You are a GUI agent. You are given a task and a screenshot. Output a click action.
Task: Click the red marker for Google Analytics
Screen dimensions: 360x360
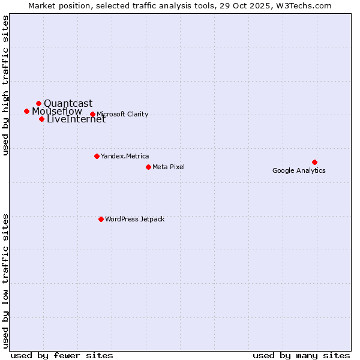(314, 162)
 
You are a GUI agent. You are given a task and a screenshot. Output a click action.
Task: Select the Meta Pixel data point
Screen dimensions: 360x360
(148, 167)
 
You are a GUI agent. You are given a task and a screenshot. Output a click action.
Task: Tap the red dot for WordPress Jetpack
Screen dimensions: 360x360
(101, 219)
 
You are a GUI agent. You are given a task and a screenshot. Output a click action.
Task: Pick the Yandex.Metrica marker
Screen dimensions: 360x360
(97, 156)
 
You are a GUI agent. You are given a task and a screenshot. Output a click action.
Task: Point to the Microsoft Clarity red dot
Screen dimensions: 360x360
(92, 114)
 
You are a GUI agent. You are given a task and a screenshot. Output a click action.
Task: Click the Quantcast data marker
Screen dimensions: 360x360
(38, 103)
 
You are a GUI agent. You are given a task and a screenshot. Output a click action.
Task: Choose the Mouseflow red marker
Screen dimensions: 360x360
(26, 111)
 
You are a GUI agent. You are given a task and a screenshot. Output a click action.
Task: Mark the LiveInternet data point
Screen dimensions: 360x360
(41, 119)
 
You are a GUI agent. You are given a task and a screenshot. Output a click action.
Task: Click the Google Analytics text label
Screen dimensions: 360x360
(299, 170)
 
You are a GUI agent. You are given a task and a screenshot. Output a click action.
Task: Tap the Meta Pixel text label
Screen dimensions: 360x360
(169, 167)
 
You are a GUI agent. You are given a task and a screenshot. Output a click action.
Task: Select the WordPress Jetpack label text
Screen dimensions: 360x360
(134, 219)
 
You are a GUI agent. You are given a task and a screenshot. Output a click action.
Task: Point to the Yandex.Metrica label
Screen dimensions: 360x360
(125, 156)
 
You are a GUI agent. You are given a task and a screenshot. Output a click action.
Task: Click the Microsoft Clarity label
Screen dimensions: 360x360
(122, 114)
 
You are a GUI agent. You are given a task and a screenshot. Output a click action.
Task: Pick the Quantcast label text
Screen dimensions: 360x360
(68, 103)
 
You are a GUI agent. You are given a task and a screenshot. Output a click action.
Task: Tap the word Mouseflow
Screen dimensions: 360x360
(56, 111)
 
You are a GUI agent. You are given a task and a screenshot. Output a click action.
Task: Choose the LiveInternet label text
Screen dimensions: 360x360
(76, 119)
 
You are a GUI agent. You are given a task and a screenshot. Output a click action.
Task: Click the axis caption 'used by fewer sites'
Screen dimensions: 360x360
(62, 355)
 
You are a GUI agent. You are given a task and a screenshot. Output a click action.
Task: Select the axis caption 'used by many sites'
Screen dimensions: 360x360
(301, 355)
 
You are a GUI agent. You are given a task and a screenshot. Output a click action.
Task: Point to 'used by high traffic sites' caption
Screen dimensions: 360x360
(6, 85)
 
